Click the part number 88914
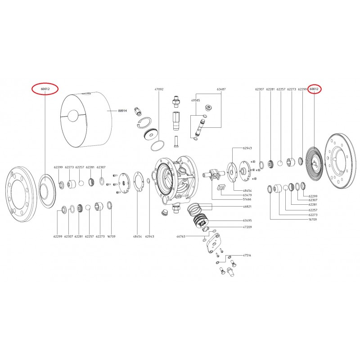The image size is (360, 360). pyautogui.click(x=122, y=110)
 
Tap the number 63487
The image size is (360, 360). pyautogui.click(x=221, y=90)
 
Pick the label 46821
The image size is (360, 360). pyautogui.click(x=247, y=206)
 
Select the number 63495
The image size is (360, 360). pyautogui.click(x=247, y=220)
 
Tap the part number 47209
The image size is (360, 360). pyautogui.click(x=247, y=228)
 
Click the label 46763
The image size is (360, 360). pyautogui.click(x=181, y=236)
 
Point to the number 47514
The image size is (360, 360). pyautogui.click(x=247, y=255)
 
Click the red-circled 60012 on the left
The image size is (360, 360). pyautogui.click(x=45, y=90)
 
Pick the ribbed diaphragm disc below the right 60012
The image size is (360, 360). pyautogui.click(x=315, y=162)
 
